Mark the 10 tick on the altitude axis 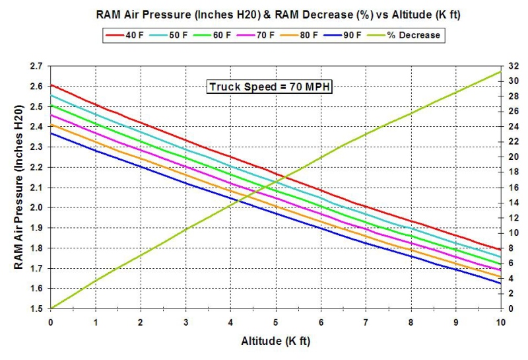coord(500,322)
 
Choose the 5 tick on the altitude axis coord(275,322)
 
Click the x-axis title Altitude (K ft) coord(275,342)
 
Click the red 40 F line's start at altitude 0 coord(50,85)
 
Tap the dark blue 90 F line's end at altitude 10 coord(500,283)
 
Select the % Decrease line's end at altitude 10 coord(500,71)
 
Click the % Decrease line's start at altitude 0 coord(50,308)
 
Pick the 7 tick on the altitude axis coord(366,322)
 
